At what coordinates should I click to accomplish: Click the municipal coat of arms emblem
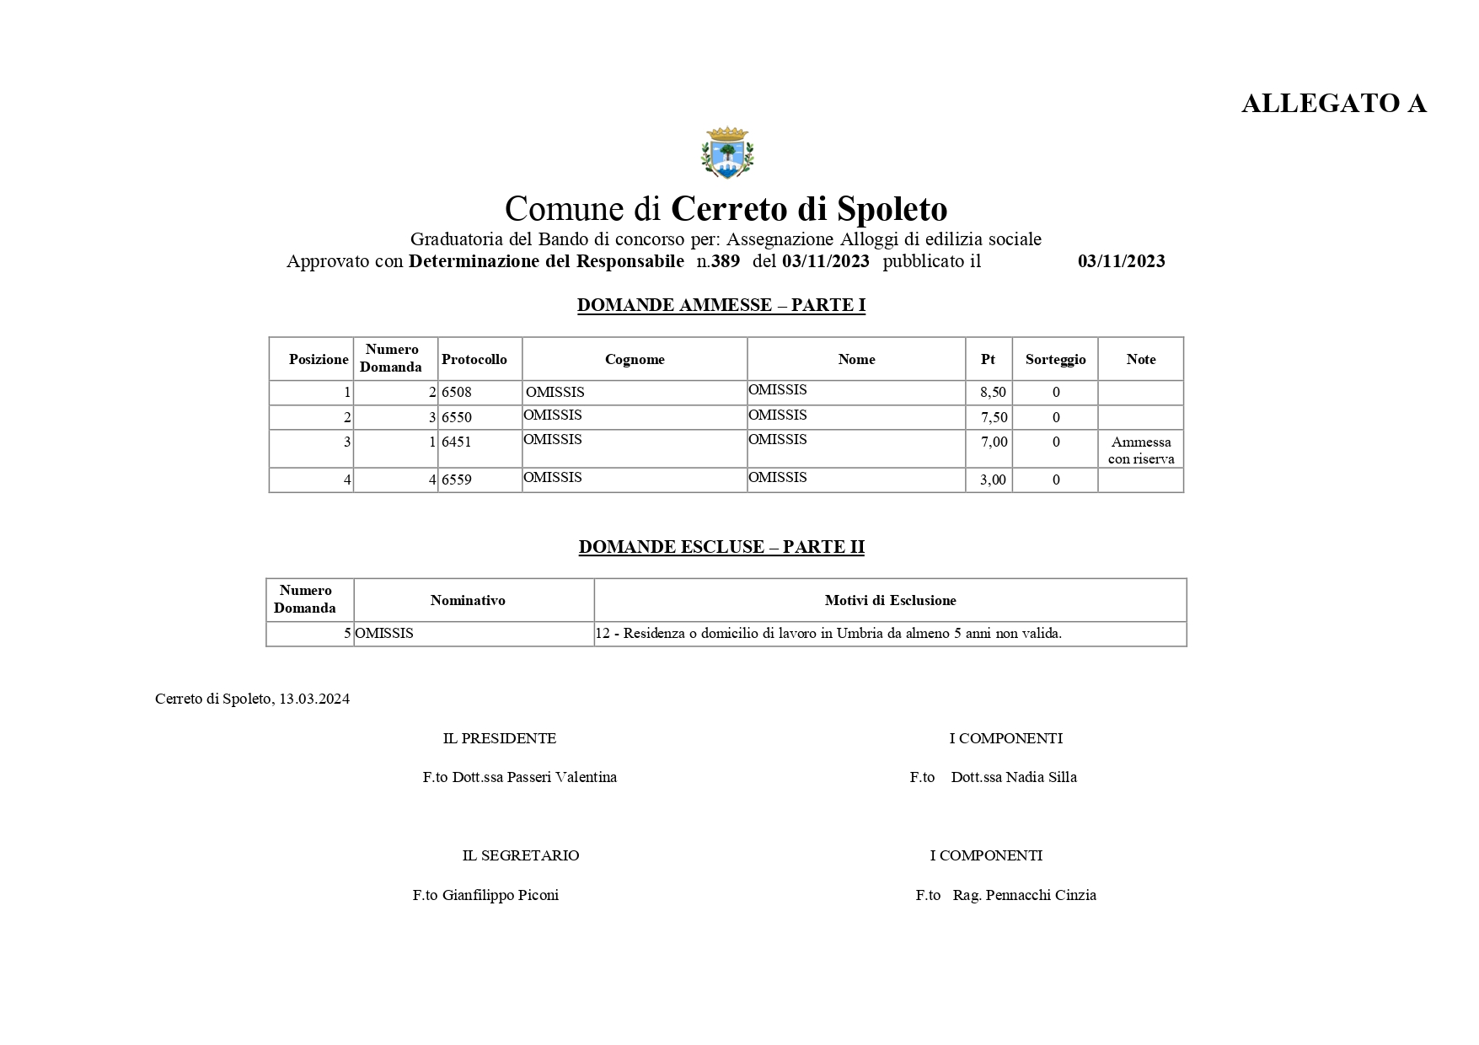coord(726,153)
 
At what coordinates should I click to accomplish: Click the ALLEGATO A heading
coord(1333,104)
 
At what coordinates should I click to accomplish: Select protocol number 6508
coord(457,393)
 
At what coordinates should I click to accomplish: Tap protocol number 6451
coord(457,442)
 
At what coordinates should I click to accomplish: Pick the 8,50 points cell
coord(993,393)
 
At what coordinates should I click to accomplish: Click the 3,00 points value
coord(993,480)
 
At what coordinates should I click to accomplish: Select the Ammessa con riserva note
coord(1140,451)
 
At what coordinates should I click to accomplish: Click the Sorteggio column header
coord(1055,360)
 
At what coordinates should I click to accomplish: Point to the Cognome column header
coord(635,360)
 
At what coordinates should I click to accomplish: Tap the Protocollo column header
coord(474,360)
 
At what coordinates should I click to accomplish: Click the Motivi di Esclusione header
coord(890,601)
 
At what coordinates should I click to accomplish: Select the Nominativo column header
coord(468,601)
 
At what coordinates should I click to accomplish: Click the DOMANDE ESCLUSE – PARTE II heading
coord(721,548)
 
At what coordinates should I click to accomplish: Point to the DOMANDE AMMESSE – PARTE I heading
coord(721,306)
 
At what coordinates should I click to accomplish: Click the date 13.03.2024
coord(313,699)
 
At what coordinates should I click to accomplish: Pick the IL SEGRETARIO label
coord(520,856)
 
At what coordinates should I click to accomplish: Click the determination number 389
coord(725,261)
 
